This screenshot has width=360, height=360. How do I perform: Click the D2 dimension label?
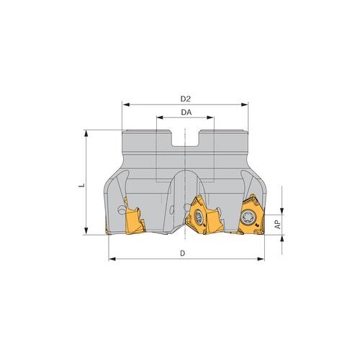[x=185, y=99]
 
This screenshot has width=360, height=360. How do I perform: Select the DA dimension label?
[x=186, y=112]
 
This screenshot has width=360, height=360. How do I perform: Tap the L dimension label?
[x=81, y=185]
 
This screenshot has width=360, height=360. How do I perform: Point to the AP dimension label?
[x=278, y=225]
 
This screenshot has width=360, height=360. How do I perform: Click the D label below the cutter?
[x=183, y=253]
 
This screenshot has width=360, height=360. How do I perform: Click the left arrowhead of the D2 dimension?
[x=125, y=104]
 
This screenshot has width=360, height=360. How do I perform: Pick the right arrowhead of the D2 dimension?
[x=245, y=104]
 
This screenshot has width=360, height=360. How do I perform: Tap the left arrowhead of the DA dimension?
[x=160, y=117]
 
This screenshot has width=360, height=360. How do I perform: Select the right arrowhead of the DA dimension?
[x=210, y=117]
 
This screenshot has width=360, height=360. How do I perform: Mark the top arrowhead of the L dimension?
[x=86, y=133]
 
